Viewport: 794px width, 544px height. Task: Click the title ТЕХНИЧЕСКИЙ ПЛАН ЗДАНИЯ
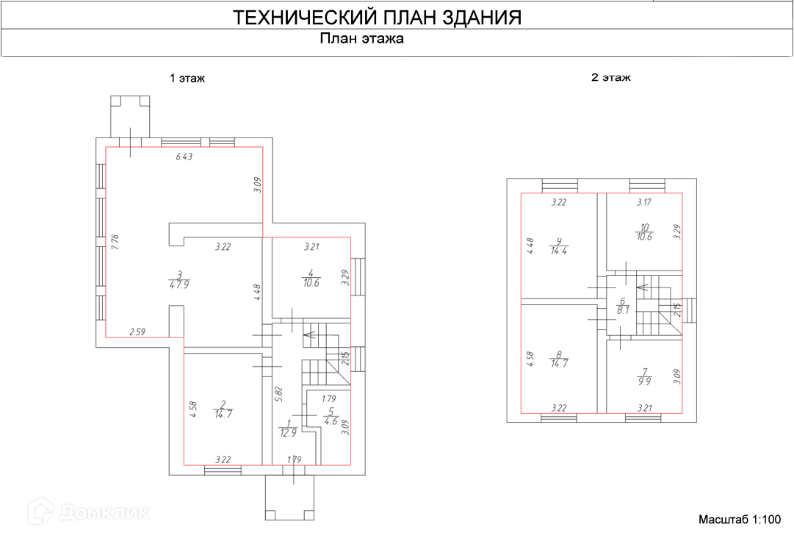click(377, 18)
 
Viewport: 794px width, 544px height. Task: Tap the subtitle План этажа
click(362, 40)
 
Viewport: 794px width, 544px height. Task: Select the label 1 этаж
click(187, 78)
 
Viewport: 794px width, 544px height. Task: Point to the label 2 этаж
click(611, 77)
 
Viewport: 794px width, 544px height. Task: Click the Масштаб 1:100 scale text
click(740, 520)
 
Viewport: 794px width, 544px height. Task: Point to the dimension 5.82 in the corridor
click(277, 394)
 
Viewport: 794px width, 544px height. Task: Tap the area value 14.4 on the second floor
click(560, 251)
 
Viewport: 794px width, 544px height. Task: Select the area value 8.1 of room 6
click(623, 310)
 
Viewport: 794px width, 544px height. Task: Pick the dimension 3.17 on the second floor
click(643, 202)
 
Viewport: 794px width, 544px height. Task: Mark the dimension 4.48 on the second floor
click(530, 245)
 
